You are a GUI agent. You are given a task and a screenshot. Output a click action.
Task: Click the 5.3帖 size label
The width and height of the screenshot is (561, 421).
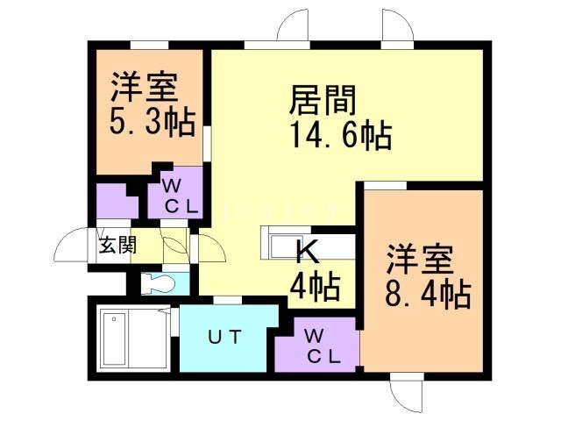[x=152, y=122]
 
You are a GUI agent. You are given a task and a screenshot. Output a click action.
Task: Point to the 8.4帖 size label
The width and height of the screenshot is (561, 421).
[x=429, y=292]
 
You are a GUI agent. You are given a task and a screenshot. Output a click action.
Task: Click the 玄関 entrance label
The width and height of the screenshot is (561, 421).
[x=117, y=245]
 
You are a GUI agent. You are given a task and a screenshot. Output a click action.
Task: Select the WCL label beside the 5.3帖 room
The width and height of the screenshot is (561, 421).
[x=181, y=196]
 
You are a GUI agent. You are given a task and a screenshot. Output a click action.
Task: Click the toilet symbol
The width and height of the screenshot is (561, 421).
[x=157, y=282]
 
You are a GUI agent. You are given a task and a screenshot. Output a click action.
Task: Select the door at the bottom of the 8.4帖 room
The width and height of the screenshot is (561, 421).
[x=403, y=393]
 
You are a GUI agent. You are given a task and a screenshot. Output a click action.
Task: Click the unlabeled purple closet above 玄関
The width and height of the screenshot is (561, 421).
[x=116, y=202]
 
